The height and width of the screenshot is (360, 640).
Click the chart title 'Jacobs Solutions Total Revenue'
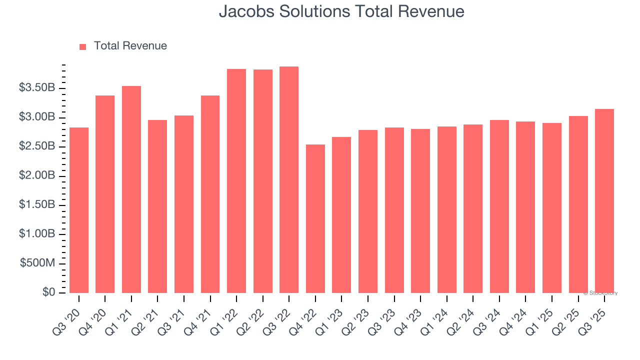pos(341,11)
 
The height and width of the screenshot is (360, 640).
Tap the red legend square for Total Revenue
pos(82,46)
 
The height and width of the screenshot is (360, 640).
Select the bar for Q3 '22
pos(289,179)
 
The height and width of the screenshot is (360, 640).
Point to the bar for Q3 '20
pos(79,210)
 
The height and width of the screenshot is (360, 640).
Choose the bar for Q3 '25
pos(604,200)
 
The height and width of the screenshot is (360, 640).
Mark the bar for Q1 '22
pos(236,180)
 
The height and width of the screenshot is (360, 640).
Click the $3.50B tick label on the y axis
pos(37,88)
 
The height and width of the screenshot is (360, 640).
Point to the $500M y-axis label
pos(38,263)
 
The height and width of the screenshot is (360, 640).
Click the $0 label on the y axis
pos(48,292)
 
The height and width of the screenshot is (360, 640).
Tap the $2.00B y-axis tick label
pos(37,176)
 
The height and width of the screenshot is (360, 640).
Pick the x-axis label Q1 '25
pos(540,314)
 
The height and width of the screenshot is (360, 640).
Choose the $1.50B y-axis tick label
pos(37,205)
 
